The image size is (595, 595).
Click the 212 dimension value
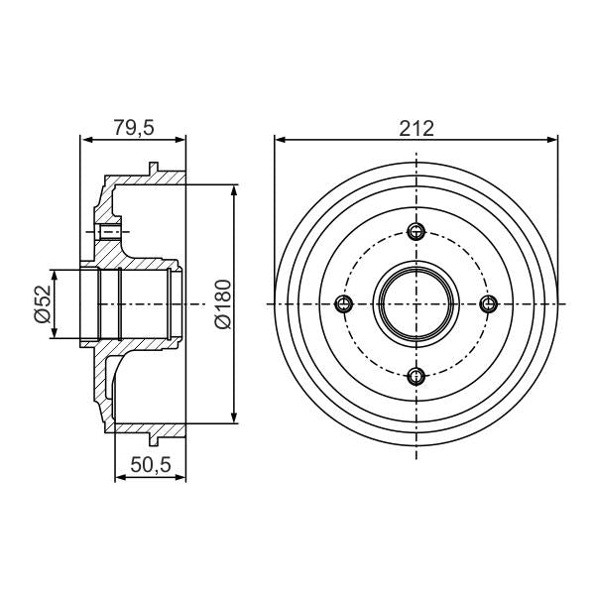click(417, 127)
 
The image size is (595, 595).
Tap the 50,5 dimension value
click(150, 463)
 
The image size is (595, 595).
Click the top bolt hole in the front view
click(416, 232)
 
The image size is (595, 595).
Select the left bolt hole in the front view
click(345, 303)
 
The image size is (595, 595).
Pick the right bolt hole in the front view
click(487, 303)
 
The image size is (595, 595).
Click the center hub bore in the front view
click(416, 303)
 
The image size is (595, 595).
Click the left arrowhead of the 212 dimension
click(279, 140)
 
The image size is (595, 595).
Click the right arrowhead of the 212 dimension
click(554, 140)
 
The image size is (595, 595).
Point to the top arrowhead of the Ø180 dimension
click(234, 188)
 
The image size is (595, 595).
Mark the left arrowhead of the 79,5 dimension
click(82, 140)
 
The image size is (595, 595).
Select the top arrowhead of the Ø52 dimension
click(56, 272)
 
